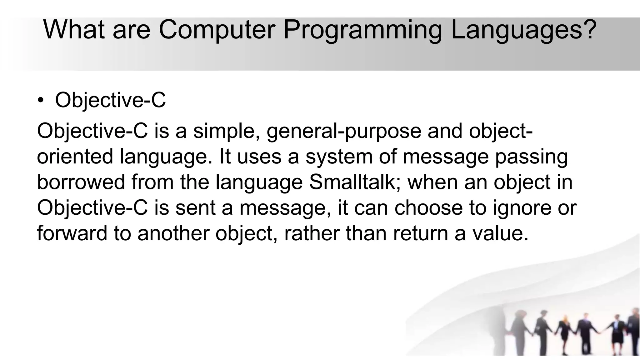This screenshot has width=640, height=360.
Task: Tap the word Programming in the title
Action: pyautogui.click(x=362, y=30)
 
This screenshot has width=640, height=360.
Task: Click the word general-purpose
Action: pyautogui.click(x=344, y=131)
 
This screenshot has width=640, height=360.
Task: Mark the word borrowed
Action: pyautogui.click(x=81, y=182)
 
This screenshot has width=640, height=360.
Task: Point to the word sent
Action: pyautogui.click(x=195, y=208)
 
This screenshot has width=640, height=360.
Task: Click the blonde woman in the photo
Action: pyautogui.click(x=564, y=331)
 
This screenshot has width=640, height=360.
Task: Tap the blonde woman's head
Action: pyautogui.click(x=565, y=321)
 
